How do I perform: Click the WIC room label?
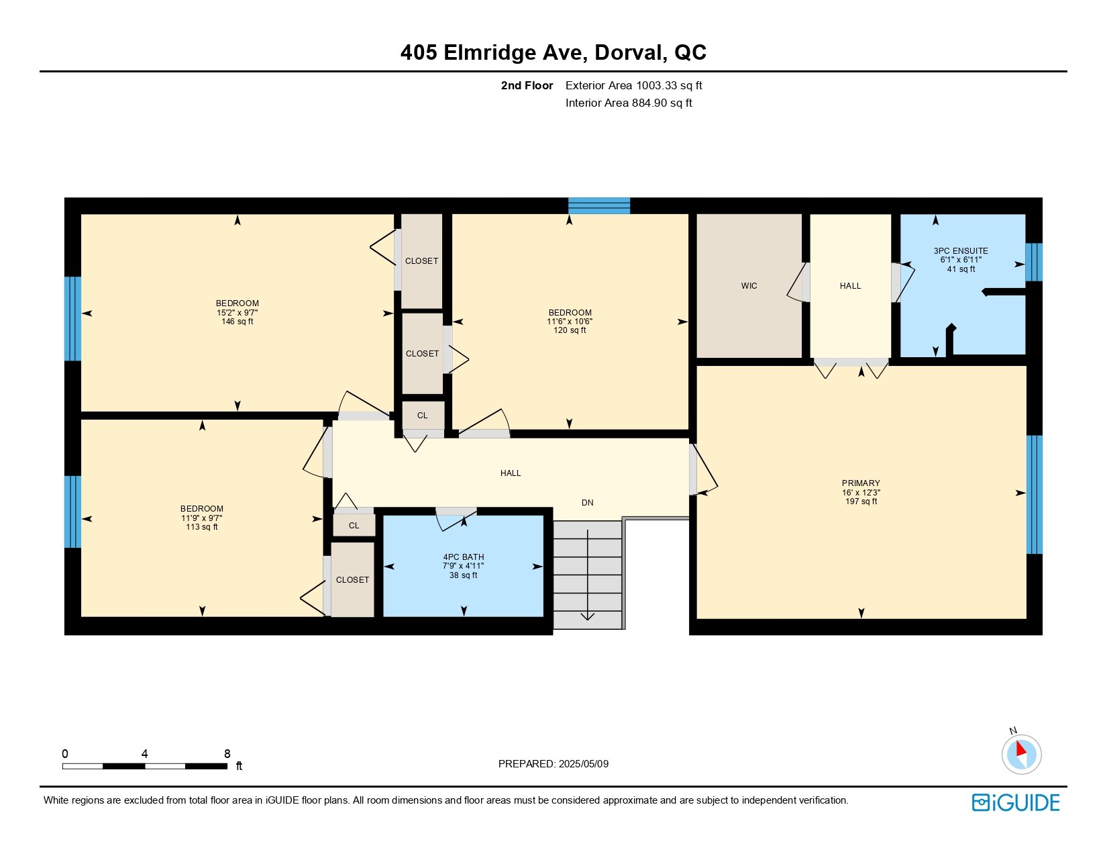pos(748,286)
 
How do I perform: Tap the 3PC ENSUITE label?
pos(960,251)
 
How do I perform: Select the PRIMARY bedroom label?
pos(860,483)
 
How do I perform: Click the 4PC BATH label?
pos(463,557)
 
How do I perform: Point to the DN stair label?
pos(587,503)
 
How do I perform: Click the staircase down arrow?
pos(587,575)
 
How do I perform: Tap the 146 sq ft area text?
pos(237,322)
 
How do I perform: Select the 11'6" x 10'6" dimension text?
pos(570,322)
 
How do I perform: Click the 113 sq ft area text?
pos(201,527)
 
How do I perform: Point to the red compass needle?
pos(1020,749)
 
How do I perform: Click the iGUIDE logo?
pos(1015,802)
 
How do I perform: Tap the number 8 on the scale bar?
pos(227,753)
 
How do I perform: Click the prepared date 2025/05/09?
pos(583,764)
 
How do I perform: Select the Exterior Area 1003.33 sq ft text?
pos(633,86)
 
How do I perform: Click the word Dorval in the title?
pos(631,53)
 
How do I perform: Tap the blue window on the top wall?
pos(599,206)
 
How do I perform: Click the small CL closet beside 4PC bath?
pos(354,525)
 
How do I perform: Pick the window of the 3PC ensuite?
pos(1034,262)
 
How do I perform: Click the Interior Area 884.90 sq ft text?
pos(629,103)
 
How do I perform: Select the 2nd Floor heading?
pos(527,86)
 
